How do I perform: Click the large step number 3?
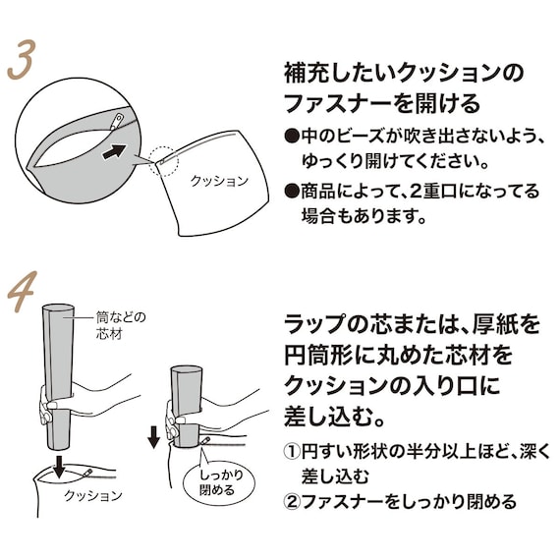pos(22,59)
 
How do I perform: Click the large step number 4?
pos(23,292)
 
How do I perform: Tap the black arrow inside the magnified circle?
pos(114,151)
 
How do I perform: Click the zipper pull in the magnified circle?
pos(117,122)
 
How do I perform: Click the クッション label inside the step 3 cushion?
pos(219,181)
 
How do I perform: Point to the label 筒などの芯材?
pos(121,325)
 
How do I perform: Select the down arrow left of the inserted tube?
pos(154,438)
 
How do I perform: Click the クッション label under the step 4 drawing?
pos(93,496)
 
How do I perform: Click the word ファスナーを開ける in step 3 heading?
pos(382,103)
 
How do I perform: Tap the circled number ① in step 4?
pos(292,452)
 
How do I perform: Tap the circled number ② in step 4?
pos(292,502)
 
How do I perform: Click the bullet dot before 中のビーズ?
pos(292,137)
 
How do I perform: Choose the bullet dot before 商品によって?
pos(292,191)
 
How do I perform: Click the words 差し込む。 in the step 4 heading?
pos(334,417)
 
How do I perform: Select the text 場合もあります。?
pos(364,216)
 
